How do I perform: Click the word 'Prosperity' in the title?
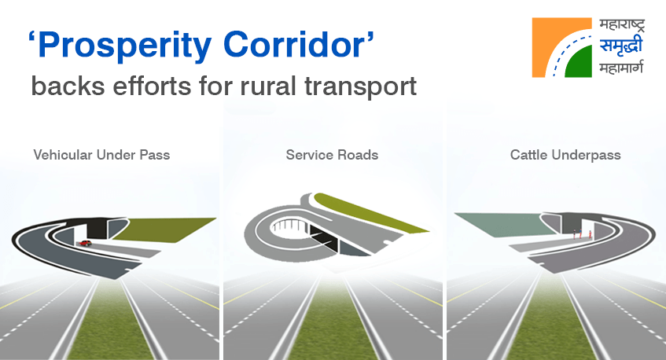[125, 46]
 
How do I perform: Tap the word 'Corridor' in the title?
[293, 44]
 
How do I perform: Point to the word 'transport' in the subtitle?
[360, 87]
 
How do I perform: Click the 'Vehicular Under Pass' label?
[101, 155]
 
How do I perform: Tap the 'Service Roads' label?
[332, 155]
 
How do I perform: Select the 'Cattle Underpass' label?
[565, 155]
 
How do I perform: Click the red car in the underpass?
[85, 243]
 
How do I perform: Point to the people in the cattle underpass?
[582, 234]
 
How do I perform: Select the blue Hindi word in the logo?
[621, 46]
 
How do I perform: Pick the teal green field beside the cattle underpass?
[506, 223]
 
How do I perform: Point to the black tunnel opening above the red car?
[98, 229]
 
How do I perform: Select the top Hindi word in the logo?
[622, 25]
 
